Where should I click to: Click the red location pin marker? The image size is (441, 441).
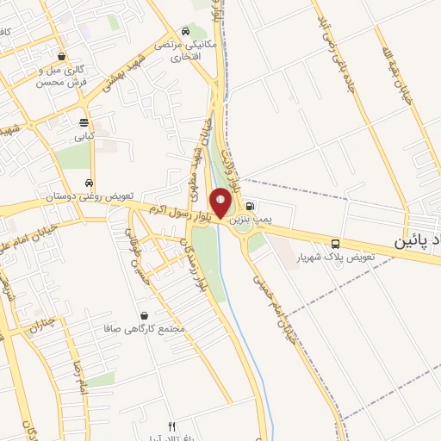pyautogui.click(x=220, y=203)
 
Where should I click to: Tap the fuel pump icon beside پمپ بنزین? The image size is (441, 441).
pyautogui.click(x=250, y=206)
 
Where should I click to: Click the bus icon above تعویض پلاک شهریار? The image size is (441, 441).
pyautogui.click(x=335, y=244)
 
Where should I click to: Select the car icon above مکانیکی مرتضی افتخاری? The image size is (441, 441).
pyautogui.click(x=188, y=29)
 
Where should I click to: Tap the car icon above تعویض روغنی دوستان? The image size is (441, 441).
pyautogui.click(x=90, y=183)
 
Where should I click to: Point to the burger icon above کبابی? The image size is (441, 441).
pyautogui.click(x=83, y=122)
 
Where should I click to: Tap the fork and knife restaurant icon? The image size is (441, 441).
pyautogui.click(x=171, y=426)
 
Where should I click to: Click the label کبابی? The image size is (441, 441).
pyautogui.click(x=83, y=136)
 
